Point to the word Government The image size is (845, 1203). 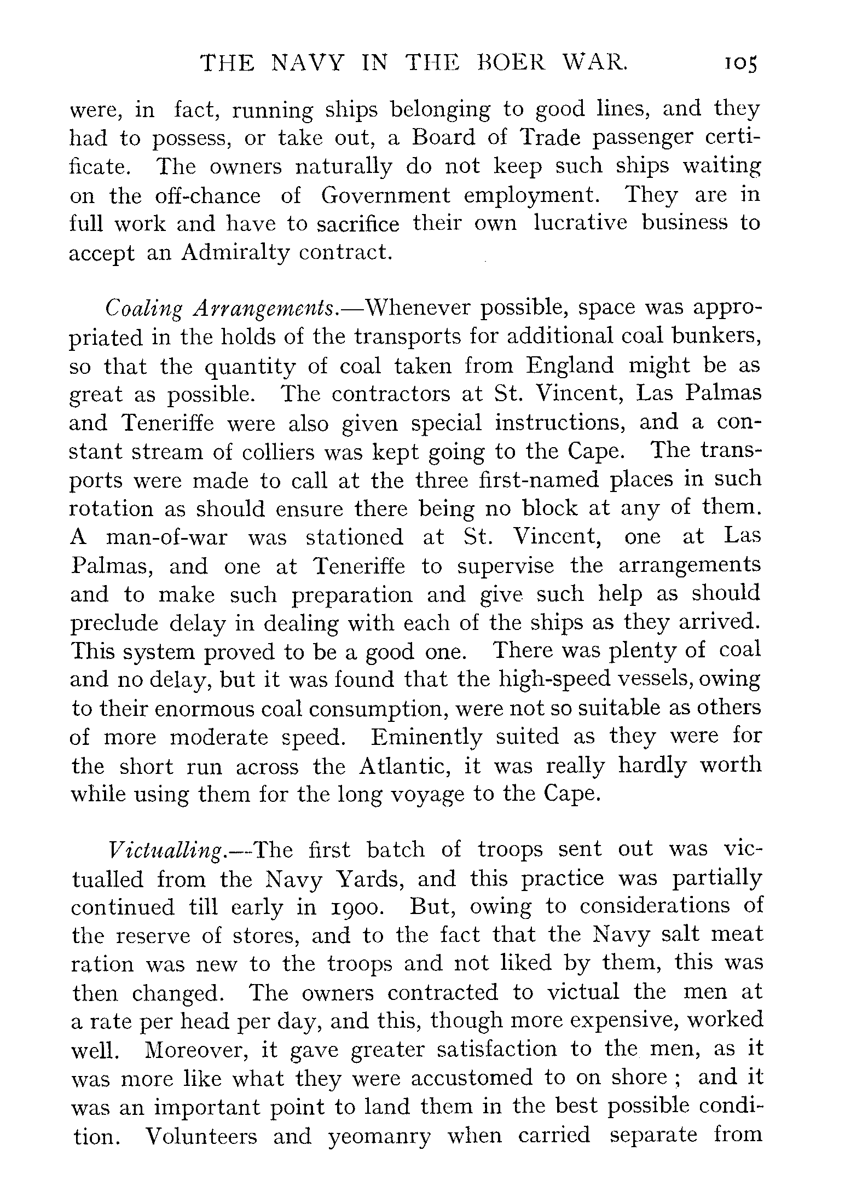coord(385,195)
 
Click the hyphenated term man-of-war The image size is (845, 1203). coord(166,537)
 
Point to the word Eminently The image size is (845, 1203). coord(426,737)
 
